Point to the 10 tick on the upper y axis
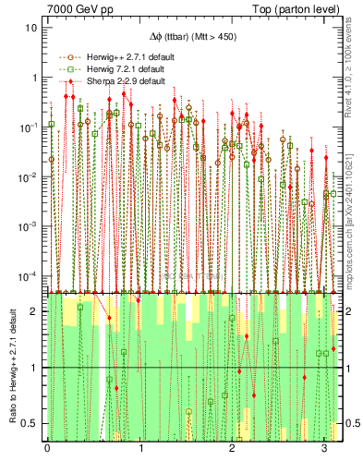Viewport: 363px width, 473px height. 31,28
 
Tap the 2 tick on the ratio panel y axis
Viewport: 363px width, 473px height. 36,311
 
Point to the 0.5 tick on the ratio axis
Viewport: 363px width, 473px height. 32,423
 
